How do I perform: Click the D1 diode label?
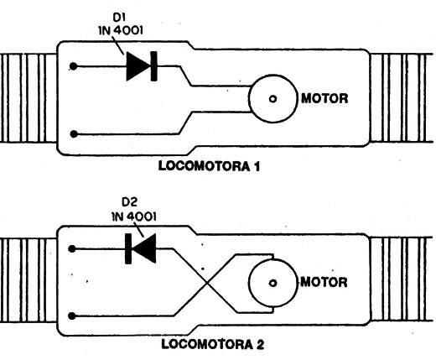[119, 18]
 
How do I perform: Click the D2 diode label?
[130, 201]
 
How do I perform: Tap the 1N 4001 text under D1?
[121, 30]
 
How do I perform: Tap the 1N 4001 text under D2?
[134, 217]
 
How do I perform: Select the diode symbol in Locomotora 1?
[142, 66]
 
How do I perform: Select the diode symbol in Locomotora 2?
[140, 248]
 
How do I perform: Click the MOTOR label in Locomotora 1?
[324, 98]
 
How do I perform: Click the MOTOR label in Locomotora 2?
[324, 282]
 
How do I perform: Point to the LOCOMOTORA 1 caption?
[209, 166]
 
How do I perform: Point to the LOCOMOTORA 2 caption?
[213, 344]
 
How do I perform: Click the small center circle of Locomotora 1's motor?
[272, 99]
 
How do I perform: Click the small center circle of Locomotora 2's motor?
[272, 283]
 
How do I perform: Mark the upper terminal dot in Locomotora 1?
[73, 66]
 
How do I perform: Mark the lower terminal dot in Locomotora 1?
[74, 134]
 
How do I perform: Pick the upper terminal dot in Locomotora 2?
[72, 248]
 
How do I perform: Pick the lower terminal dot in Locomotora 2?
[72, 316]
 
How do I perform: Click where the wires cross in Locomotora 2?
[207, 283]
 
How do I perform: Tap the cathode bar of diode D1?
[153, 66]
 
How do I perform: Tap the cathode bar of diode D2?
[128, 248]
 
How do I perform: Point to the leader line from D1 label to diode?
[117, 45]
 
